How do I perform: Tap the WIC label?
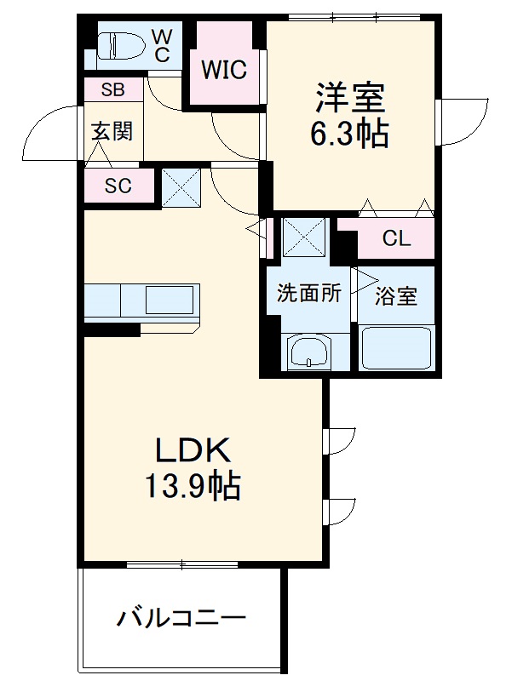pos(224,70)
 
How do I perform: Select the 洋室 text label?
pos(352,97)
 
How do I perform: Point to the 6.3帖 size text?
pos(352,133)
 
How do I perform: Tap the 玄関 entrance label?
pos(112,132)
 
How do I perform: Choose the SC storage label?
pos(118,186)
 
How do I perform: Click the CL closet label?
pos(396,239)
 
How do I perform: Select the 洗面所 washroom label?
pos(308,295)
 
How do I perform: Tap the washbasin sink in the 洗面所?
pos(308,352)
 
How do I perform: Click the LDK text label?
pos(193,450)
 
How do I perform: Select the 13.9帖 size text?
pos(193,487)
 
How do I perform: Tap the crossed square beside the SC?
pos(181,187)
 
